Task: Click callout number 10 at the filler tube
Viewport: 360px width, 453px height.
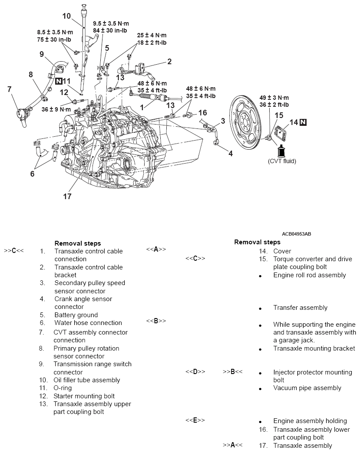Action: [66, 16]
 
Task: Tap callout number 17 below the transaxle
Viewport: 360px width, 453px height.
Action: [67, 196]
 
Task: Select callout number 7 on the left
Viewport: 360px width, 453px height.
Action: [9, 89]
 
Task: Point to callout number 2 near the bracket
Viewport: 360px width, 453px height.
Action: [169, 62]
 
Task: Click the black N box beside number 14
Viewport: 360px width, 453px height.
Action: [303, 122]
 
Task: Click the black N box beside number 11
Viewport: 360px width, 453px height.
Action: [58, 81]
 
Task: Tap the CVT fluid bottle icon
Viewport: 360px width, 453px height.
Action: [281, 151]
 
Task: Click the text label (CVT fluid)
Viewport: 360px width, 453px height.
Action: [282, 161]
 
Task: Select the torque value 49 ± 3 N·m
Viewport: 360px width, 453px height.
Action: [274, 98]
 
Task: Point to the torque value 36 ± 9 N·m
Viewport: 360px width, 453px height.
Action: [56, 109]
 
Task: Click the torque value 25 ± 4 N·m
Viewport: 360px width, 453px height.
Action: [152, 35]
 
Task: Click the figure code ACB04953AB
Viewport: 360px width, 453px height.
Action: [296, 234]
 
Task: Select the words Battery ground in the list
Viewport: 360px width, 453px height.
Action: [76, 315]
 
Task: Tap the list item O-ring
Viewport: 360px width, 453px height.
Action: [63, 388]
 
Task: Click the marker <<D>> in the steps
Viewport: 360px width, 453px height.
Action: [195, 372]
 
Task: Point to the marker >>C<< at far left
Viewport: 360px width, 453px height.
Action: [14, 251]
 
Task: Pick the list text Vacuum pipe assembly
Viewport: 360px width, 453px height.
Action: [307, 388]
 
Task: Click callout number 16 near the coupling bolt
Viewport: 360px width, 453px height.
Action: [202, 113]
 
